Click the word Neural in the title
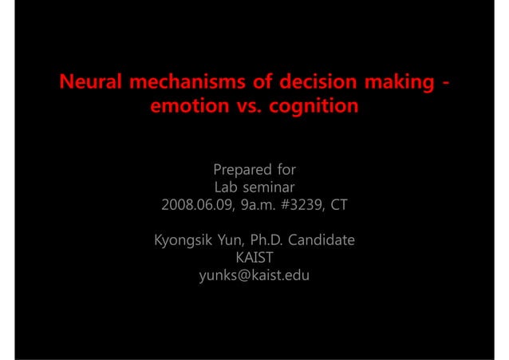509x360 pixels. pyautogui.click(x=91, y=82)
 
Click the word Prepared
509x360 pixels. pyautogui.click(x=239, y=170)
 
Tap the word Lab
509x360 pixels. pyautogui.click(x=228, y=188)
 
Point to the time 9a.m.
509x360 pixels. pyautogui.click(x=262, y=205)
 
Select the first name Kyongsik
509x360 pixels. pyautogui.click(x=182, y=240)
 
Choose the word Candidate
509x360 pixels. pyautogui.click(x=326, y=240)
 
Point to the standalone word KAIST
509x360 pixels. pyautogui.click(x=254, y=258)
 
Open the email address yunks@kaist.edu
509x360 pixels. pyautogui.click(x=254, y=276)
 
